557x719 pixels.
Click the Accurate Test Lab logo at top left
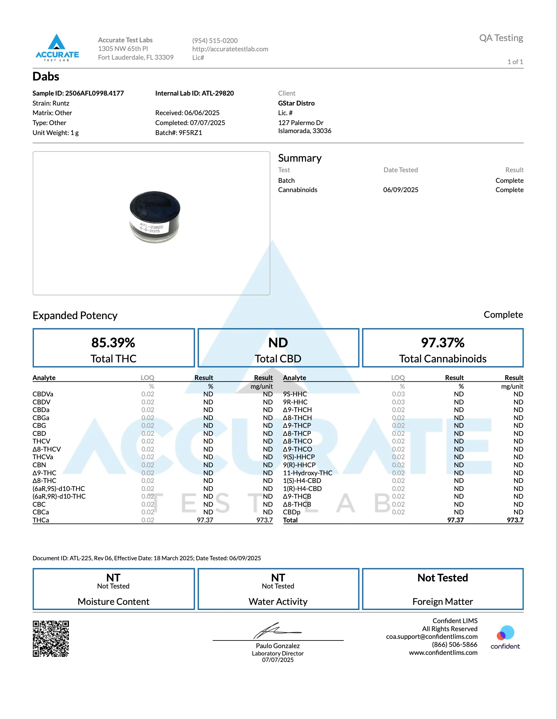57,48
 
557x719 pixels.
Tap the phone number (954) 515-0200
215,40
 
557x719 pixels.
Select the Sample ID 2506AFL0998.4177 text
78,93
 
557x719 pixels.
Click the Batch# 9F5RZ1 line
179,133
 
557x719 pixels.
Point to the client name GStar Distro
296,103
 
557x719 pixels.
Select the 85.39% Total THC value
113,343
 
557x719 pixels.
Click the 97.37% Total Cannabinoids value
443,343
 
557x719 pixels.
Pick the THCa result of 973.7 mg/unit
264,520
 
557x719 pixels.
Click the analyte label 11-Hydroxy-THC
308,473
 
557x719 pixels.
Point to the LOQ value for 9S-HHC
398,394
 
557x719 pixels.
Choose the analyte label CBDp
292,512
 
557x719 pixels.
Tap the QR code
51,639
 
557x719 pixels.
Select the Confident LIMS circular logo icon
505,633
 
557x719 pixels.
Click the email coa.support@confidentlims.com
432,637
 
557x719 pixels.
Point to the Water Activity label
278,602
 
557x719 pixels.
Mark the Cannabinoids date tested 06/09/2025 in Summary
401,190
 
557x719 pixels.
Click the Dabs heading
46,76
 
